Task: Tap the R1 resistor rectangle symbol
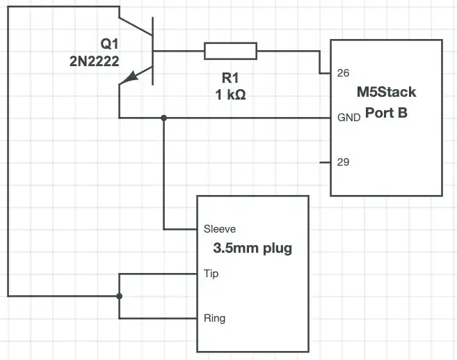tap(230, 51)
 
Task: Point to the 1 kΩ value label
tap(230, 96)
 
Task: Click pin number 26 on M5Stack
tap(343, 72)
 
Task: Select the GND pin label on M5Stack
tap(348, 117)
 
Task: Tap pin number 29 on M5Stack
tap(343, 162)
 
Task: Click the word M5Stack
tap(385, 93)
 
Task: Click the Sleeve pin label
tap(220, 228)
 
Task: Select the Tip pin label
tap(211, 274)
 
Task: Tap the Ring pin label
tap(214, 318)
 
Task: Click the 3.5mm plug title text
tap(252, 248)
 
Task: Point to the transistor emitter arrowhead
tap(125, 81)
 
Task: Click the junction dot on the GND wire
tap(163, 118)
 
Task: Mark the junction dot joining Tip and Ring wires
tap(119, 296)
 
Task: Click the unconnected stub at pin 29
tap(325, 162)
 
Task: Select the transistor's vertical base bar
tap(153, 51)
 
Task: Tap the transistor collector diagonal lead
tap(136, 25)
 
